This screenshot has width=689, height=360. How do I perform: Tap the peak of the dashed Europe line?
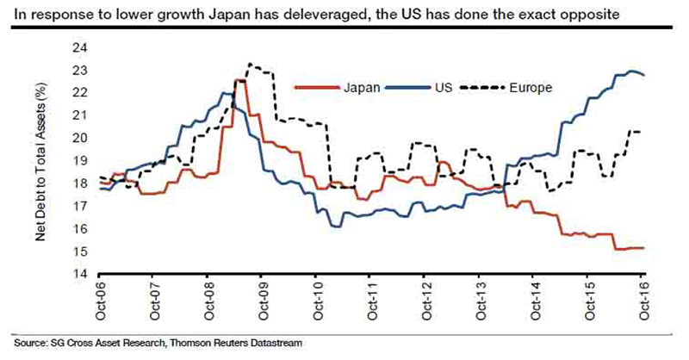click(249, 64)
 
